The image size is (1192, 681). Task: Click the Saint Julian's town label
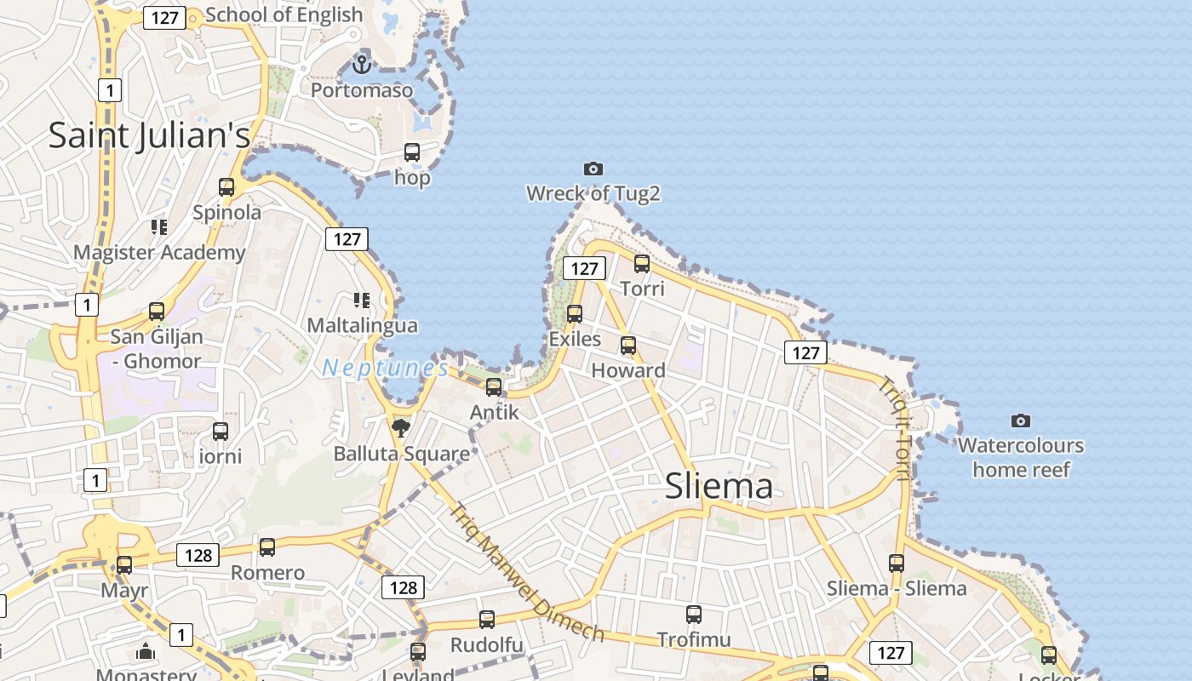(149, 135)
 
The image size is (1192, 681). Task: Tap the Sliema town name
(719, 485)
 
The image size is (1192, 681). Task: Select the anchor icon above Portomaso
(363, 64)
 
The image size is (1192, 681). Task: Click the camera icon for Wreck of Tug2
(593, 169)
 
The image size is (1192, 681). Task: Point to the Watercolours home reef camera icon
(1021, 421)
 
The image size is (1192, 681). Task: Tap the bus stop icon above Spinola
(226, 187)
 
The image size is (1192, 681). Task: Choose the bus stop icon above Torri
(642, 264)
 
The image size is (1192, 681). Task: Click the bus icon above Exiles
(575, 314)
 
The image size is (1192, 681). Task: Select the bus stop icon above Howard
(628, 346)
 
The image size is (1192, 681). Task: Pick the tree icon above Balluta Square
(401, 427)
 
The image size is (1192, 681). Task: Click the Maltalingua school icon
(362, 300)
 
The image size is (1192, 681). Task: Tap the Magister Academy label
(159, 253)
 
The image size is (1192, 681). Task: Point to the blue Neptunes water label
(385, 369)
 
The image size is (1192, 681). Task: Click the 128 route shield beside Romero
(198, 555)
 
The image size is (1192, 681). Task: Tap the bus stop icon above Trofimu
(694, 615)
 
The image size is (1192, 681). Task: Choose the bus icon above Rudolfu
(487, 620)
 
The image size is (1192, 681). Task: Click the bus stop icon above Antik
(494, 387)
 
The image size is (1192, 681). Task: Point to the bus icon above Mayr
(124, 564)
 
